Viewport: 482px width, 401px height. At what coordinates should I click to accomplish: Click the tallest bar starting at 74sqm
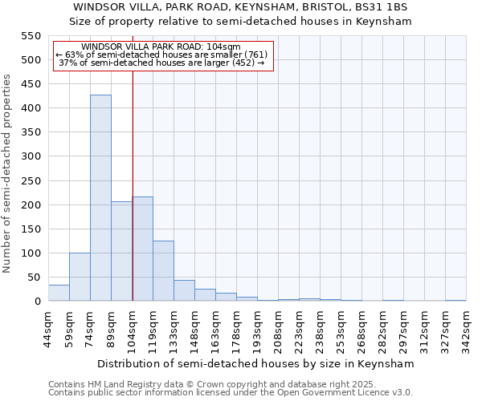[x=100, y=198]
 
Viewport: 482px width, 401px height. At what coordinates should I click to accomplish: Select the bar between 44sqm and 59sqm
[x=59, y=293]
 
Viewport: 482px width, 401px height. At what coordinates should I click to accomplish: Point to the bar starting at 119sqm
[x=163, y=271]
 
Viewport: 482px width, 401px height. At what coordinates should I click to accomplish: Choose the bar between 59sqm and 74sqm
[x=80, y=277]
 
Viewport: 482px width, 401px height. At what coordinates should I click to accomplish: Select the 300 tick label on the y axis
[x=30, y=156]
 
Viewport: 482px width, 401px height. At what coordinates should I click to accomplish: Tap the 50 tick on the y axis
[x=33, y=277]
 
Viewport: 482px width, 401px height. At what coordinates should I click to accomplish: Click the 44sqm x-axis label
[x=49, y=326]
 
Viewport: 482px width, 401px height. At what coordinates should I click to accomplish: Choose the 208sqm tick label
[x=279, y=326]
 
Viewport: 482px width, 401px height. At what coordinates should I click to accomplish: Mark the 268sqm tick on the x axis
[x=362, y=326]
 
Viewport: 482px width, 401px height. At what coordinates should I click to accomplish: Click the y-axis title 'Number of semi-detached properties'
[x=7, y=173]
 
